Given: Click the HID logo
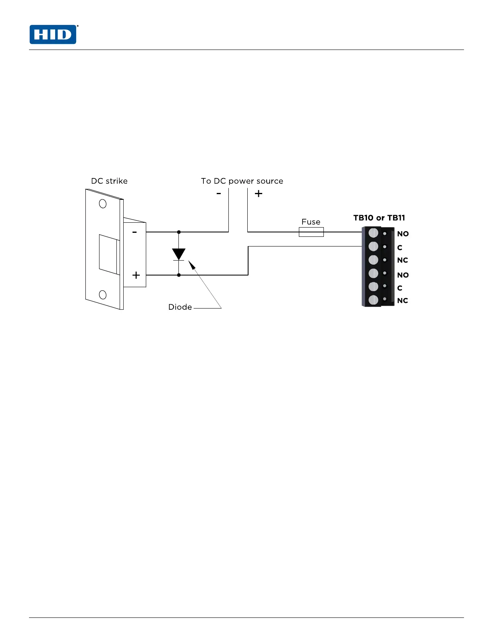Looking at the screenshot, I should pos(53,35).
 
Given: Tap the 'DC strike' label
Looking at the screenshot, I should pos(109,181).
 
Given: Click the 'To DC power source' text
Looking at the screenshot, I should pos(242,181).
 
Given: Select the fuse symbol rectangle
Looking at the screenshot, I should pos(311,232).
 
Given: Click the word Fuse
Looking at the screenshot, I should pos(311,222).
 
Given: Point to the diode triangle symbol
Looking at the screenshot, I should pos(178,254).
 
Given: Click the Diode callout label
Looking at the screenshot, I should pos(180,307).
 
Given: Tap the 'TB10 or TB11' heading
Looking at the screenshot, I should pos(379,218).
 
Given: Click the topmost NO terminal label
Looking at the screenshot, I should pos(403,234).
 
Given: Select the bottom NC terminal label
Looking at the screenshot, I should pos(402,301).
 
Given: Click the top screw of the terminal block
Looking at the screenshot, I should pos(373,233).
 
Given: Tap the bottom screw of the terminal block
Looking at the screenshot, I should pos(373,300).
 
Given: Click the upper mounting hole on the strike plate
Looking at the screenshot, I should pos(103,204).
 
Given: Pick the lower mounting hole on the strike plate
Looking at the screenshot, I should pos(103,295).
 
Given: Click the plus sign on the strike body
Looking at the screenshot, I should pos(136,275).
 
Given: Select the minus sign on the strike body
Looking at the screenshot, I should pos(135,232).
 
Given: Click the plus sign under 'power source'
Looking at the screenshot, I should pos(259,194).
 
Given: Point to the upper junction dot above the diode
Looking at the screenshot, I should pos(179,232).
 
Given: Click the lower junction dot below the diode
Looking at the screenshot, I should pos(179,275).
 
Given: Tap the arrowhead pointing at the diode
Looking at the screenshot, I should pos(191,264).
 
